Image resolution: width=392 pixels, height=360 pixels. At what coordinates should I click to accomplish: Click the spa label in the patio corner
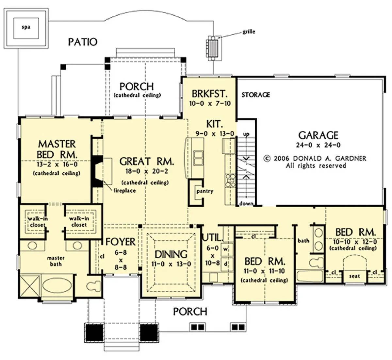26,27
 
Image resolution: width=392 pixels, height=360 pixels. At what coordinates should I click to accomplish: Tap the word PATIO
83,42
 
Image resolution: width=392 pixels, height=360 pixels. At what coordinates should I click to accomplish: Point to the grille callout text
249,32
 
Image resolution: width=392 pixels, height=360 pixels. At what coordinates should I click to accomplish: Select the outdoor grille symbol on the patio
213,48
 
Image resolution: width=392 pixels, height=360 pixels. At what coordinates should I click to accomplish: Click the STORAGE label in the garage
255,95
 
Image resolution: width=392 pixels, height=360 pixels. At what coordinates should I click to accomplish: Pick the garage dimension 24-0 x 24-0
318,145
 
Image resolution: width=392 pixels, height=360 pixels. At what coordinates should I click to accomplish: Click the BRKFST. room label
210,94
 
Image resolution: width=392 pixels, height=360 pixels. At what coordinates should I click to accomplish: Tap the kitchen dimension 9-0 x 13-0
215,134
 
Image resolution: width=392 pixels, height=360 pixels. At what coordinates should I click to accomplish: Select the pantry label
205,191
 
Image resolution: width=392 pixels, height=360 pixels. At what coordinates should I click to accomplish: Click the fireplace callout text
124,190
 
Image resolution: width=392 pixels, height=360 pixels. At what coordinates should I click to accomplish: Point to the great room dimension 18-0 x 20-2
147,171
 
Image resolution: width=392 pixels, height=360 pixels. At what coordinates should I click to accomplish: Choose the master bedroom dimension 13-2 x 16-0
57,164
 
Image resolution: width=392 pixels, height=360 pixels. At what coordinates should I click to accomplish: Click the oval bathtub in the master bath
57,286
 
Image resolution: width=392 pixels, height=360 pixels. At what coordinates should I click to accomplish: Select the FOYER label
120,242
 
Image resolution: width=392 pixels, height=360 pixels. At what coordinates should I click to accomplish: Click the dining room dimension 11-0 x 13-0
171,264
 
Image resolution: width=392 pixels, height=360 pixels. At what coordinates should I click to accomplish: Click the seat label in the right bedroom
354,276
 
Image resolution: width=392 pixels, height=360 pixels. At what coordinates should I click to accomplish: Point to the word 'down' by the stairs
246,204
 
